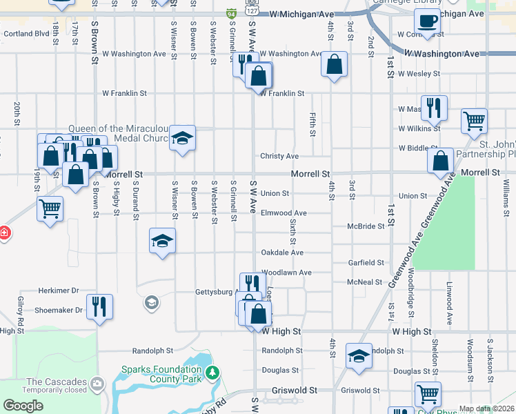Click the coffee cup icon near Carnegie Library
point(428,20)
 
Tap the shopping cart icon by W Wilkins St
point(475,121)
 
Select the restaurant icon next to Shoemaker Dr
point(101,306)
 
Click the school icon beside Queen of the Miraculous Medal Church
point(182,139)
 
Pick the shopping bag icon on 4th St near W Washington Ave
point(334,66)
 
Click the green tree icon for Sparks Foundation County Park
point(214,373)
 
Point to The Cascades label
point(57,382)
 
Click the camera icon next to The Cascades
point(97,383)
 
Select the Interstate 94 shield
point(230,13)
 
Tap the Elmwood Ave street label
point(284,213)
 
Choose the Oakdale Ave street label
point(282,253)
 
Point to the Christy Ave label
point(279,157)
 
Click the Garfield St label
point(366,263)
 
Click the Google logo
point(23,406)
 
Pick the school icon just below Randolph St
point(359,357)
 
